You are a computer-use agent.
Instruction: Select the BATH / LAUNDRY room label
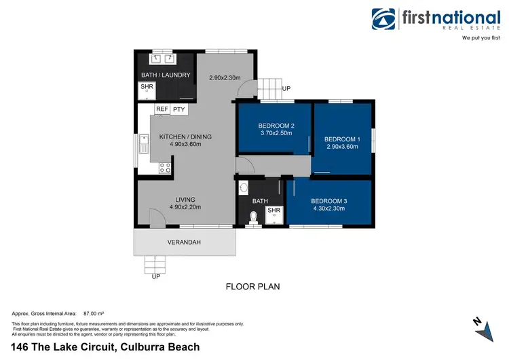point(166,75)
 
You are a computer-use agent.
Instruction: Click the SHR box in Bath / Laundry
point(147,88)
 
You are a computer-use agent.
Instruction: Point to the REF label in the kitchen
point(162,109)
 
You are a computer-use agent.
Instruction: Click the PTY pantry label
point(179,109)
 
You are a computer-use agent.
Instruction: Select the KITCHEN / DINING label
point(185,137)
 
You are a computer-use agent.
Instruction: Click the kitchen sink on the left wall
point(143,143)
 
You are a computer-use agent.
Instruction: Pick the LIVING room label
point(185,200)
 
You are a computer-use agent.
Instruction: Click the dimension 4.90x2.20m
point(185,208)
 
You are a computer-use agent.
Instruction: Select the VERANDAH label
point(184,242)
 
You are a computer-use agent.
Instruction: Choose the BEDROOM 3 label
point(329,201)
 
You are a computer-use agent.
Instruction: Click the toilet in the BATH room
point(253,217)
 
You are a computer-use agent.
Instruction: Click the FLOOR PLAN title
point(252,287)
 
